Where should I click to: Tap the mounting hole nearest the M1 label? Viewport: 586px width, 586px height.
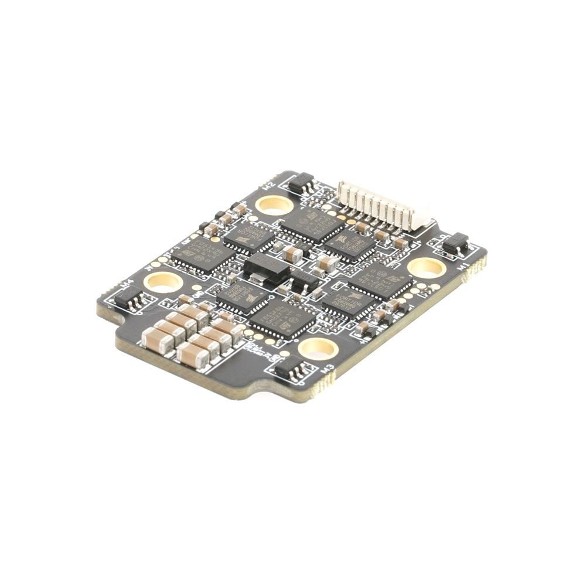tap(426, 268)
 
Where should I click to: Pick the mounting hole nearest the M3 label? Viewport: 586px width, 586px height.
tap(318, 349)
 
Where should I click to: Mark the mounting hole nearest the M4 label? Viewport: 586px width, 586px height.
tap(163, 282)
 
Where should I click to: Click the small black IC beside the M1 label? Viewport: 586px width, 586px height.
tap(456, 243)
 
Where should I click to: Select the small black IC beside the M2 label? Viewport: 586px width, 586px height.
tap(301, 183)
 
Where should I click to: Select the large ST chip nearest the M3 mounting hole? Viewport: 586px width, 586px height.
tap(282, 320)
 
